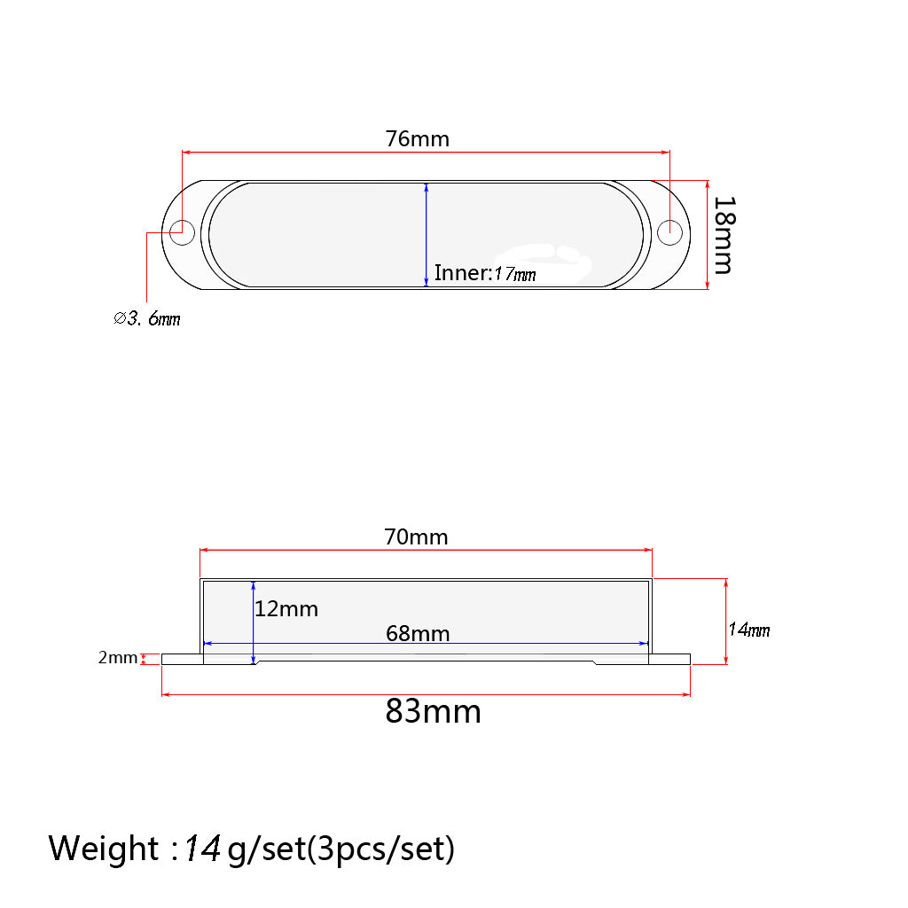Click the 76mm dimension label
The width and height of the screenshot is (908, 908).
[x=417, y=139]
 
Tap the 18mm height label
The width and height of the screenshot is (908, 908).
[x=724, y=235]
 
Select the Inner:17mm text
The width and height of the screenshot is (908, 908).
[x=485, y=273]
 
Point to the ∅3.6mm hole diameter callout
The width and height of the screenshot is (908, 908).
[x=147, y=318]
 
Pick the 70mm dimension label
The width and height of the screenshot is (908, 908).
[x=416, y=536]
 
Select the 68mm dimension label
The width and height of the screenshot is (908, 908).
[x=418, y=633]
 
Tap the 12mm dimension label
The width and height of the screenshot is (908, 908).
[x=286, y=609]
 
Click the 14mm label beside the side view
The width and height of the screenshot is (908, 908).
[x=748, y=630]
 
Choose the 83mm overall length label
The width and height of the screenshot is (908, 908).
[x=433, y=711]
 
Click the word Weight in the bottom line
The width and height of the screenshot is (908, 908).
[x=103, y=849]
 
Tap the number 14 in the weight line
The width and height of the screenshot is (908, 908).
[x=202, y=849]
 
